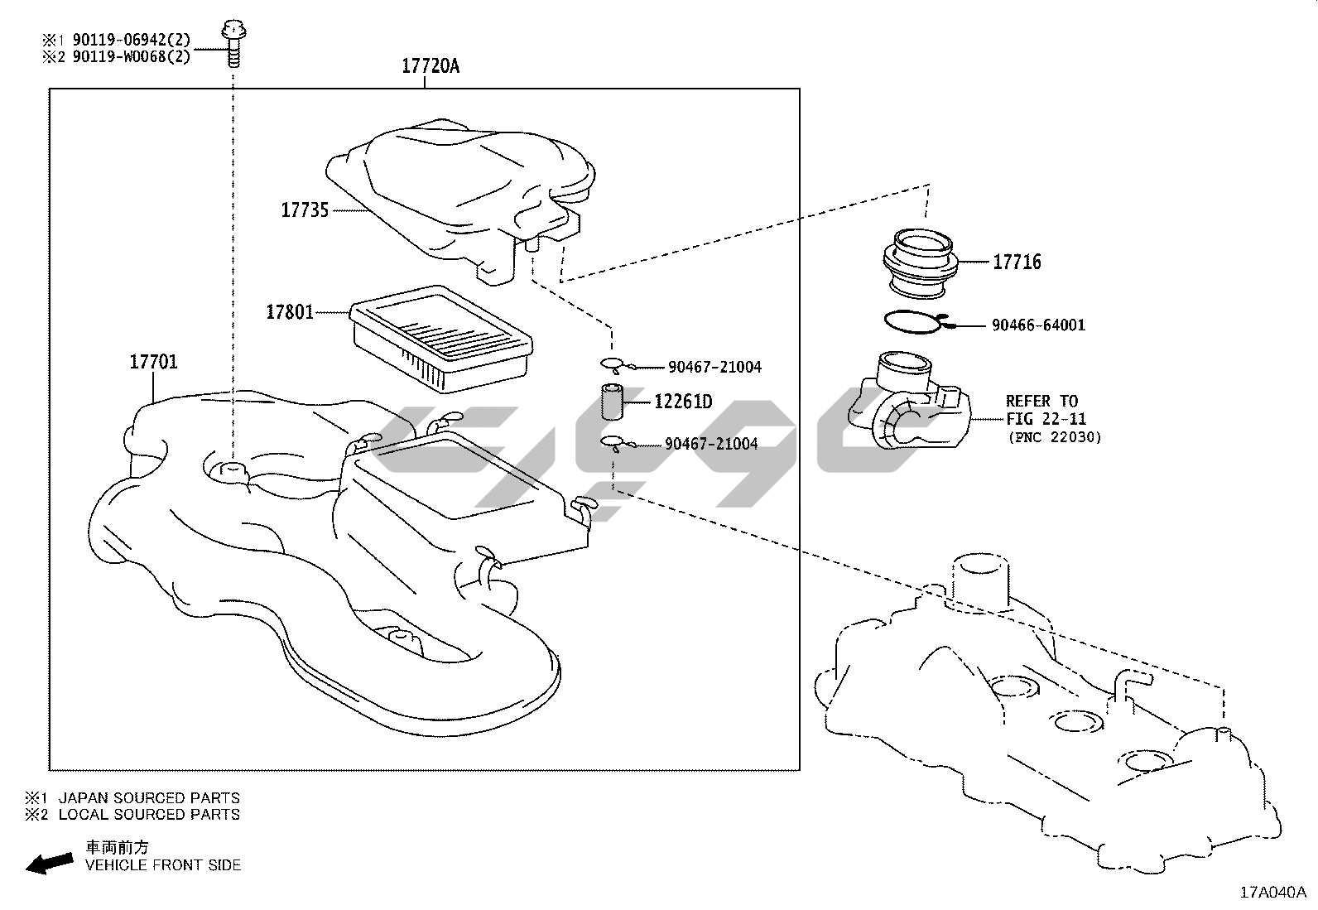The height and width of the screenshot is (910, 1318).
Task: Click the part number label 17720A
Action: [x=430, y=66]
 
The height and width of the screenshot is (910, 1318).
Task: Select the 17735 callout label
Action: [x=305, y=210]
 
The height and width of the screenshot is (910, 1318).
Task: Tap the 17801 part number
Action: [x=289, y=312]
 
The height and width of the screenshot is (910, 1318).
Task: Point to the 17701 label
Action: [x=153, y=362]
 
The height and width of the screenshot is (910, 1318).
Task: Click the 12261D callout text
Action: [x=682, y=402]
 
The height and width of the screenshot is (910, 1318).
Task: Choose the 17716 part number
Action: [x=1017, y=262]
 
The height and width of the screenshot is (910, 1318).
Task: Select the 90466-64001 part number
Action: [x=1038, y=325]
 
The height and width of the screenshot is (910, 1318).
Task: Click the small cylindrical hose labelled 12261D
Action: [x=613, y=403]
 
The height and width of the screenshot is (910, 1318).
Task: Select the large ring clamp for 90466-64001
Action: [x=911, y=322]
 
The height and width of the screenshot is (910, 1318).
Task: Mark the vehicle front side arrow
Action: [x=49, y=864]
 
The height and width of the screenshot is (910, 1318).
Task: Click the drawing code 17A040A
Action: [x=1272, y=892]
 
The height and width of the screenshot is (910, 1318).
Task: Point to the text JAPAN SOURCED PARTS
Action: [x=149, y=798]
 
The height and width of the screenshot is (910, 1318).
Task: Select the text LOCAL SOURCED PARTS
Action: [x=149, y=814]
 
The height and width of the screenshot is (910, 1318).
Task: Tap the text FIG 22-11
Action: [x=1046, y=419]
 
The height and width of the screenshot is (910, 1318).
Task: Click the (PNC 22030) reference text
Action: [x=1054, y=437]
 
